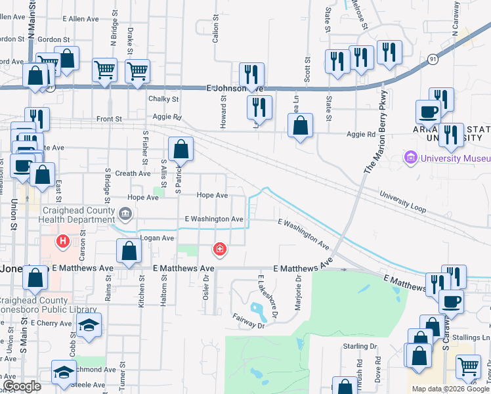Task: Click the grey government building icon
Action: pyautogui.click(x=126, y=213)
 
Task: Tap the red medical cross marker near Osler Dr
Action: pyautogui.click(x=219, y=250)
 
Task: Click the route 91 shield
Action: pyautogui.click(x=432, y=59)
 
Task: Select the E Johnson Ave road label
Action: pyautogui.click(x=234, y=88)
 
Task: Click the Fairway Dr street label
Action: pyautogui.click(x=248, y=321)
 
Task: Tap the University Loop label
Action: pyautogui.click(x=402, y=202)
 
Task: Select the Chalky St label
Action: pyautogui.click(x=163, y=99)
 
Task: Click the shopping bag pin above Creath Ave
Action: pyautogui.click(x=181, y=149)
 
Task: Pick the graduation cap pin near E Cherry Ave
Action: pyautogui.click(x=89, y=326)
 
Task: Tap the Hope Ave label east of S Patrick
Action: pyautogui.click(x=212, y=196)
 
